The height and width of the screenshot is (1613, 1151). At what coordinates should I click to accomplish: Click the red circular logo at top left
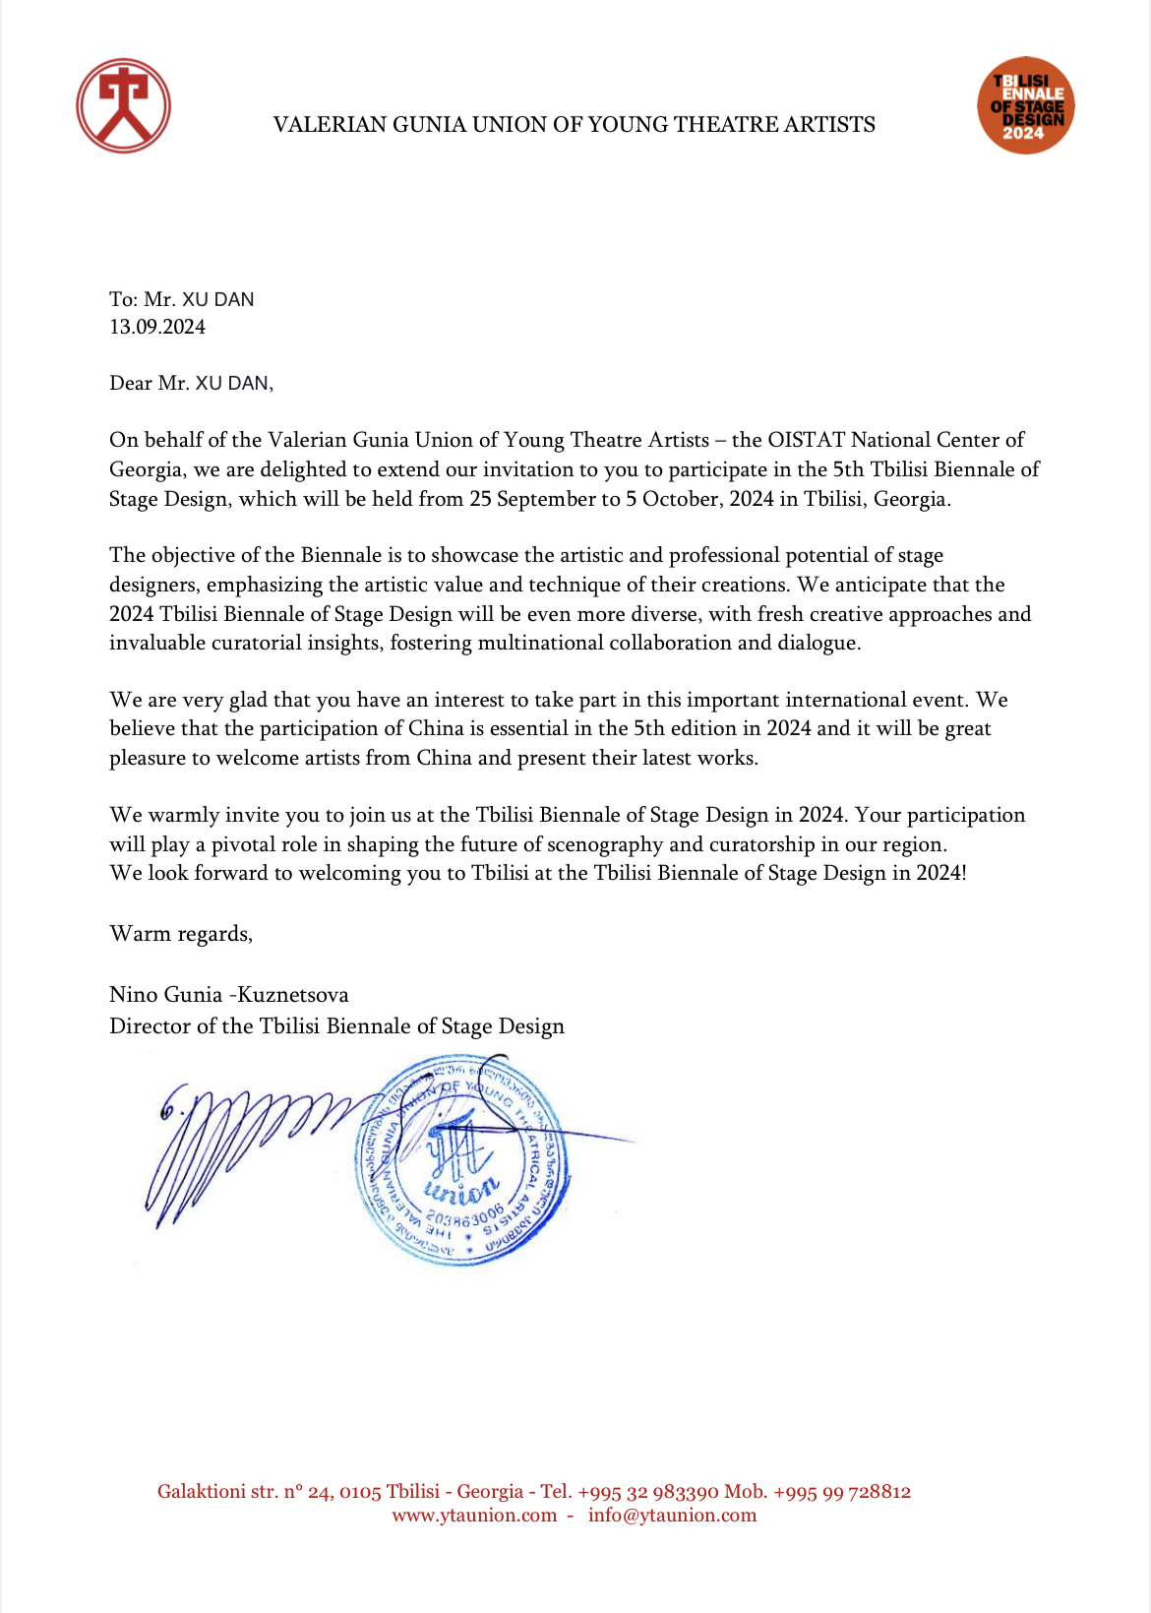123,105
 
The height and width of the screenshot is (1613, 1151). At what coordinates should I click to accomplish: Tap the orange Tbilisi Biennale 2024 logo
1025,105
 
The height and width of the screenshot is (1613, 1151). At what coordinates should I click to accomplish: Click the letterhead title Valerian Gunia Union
574,125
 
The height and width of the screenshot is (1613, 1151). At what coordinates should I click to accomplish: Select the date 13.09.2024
157,328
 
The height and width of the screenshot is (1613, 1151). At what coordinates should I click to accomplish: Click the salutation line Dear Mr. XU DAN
191,384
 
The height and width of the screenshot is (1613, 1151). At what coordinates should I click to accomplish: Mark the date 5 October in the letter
672,499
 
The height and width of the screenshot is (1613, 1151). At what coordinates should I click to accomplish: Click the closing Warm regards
181,934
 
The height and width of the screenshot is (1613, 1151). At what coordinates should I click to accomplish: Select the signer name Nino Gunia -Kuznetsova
229,995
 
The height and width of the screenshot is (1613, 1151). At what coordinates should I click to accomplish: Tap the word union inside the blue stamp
461,1192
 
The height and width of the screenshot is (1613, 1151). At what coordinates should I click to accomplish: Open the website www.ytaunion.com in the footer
474,1516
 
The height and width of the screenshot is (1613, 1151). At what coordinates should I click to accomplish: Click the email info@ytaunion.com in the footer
673,1516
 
